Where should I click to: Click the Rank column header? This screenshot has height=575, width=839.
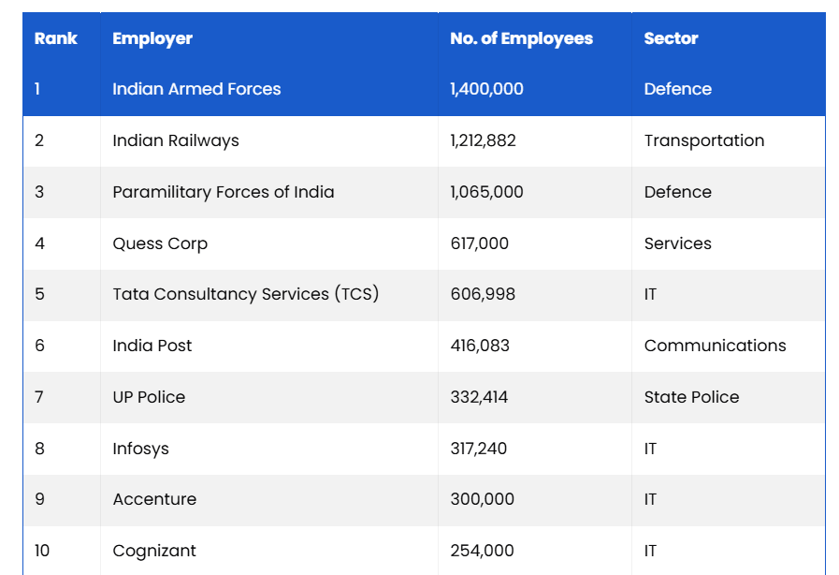pos(56,38)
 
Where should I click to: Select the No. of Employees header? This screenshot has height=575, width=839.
pos(521,38)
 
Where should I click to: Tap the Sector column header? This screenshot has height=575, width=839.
pos(671,38)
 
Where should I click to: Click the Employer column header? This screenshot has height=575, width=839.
pos(152,38)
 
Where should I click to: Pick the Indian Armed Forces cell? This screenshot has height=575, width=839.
pos(196,89)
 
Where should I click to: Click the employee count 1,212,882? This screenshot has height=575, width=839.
pos(483,140)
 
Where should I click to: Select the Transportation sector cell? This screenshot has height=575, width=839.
pos(703,140)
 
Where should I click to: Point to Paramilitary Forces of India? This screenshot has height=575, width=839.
pos(223,192)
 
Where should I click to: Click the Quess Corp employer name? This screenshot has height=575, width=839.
pos(160,243)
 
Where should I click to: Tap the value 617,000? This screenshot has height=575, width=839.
pos(479,243)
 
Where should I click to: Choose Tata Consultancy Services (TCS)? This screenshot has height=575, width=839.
pos(245,294)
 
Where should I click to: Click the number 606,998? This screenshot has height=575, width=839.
pos(482,294)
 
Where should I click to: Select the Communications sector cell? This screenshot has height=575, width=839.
pos(715,346)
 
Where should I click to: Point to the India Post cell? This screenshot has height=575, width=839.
pos(152,346)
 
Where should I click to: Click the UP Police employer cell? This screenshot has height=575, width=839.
pos(149,397)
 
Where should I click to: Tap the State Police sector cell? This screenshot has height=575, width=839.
pos(691,397)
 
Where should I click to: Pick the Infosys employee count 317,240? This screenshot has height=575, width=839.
pos(478,449)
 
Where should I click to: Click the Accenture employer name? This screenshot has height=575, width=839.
pos(154,499)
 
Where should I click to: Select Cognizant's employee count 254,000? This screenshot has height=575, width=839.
pos(482,551)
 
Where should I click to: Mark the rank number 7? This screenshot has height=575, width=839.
pos(39,397)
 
